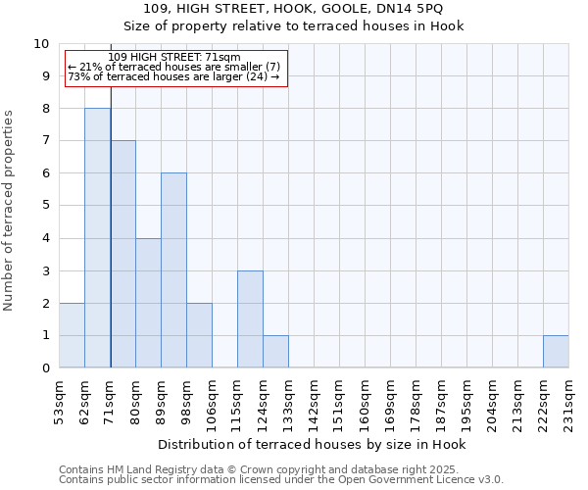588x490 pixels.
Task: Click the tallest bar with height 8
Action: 97,238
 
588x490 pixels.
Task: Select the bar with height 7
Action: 122,254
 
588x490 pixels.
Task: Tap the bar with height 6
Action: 173,270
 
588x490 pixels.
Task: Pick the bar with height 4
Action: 148,303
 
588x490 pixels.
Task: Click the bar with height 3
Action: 250,318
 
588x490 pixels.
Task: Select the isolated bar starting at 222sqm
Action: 556,351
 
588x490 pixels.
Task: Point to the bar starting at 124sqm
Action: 275,351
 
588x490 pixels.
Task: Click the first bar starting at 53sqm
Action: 72,335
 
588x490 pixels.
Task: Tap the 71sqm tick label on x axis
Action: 111,399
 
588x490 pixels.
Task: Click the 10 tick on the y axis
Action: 41,44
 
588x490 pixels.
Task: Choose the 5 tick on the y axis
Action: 45,206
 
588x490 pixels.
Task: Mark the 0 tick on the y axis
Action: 45,367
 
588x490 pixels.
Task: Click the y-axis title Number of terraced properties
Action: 10,210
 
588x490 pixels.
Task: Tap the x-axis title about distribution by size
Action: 312,444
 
